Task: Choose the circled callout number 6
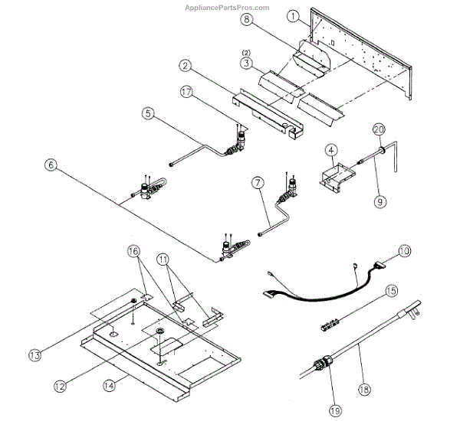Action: [51, 165]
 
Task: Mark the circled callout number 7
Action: [258, 183]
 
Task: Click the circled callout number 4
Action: [330, 150]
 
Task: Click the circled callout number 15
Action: [391, 292]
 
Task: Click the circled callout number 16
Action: [133, 250]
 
